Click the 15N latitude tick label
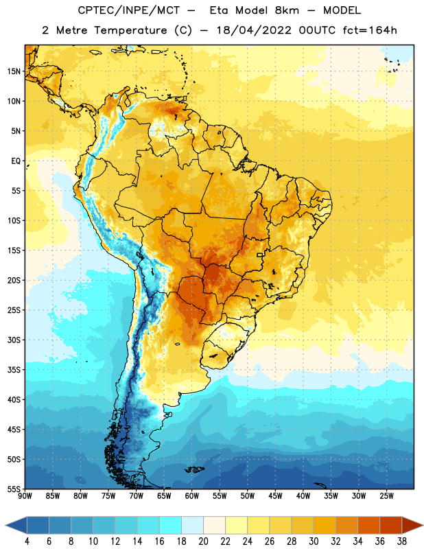pos(14,71)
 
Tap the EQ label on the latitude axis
pos(16,161)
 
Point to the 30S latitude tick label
pos(14,340)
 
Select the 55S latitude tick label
pos(14,489)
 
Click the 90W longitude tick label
pos(25,496)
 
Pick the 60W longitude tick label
pos(192,496)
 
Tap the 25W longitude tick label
pos(386,496)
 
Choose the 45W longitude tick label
pos(276,496)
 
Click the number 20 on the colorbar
pos(203,541)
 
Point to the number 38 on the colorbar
pos(402,541)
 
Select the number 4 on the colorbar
pos(27,541)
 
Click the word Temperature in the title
pos(130,30)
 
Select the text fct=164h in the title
pos(370,30)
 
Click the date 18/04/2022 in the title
pos(254,30)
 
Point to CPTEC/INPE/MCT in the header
pos(128,10)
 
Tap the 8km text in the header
pos(287,10)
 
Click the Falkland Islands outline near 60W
pos(194,469)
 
